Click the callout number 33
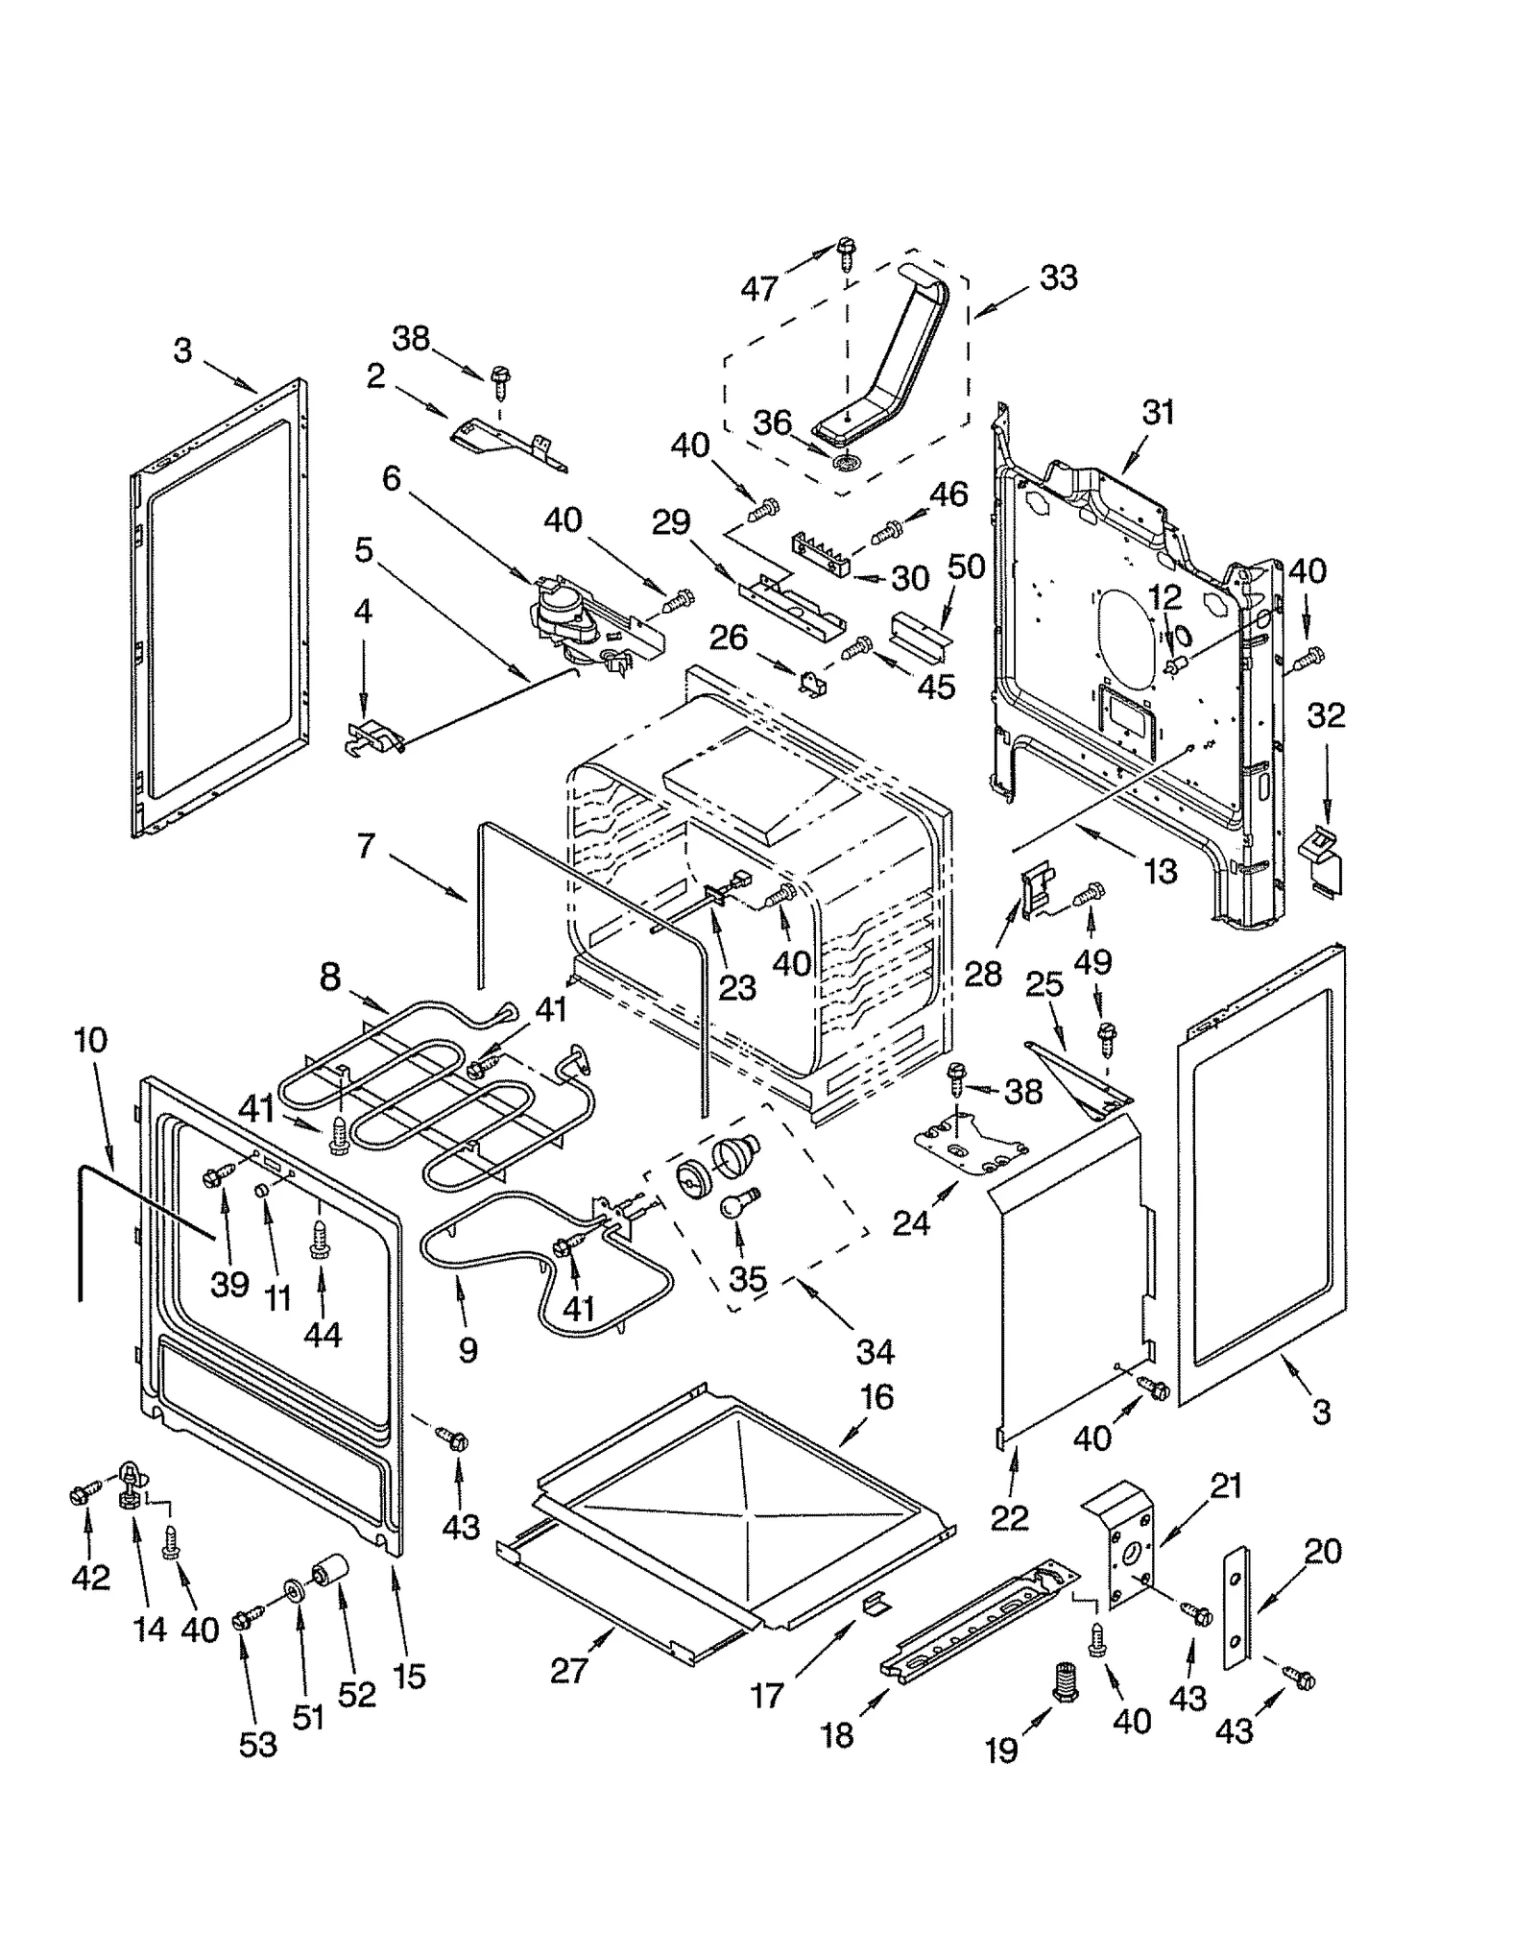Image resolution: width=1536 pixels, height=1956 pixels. (1058, 278)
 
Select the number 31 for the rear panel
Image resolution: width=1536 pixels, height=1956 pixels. (1158, 413)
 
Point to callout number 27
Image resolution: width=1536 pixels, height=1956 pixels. (568, 1670)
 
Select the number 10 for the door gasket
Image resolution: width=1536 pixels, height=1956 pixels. (90, 1040)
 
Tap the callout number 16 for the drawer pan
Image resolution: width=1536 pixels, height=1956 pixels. (876, 1397)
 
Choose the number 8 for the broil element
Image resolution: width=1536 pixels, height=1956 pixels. (329, 978)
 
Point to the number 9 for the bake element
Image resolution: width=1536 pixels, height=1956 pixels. (468, 1350)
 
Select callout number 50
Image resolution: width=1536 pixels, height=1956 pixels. (966, 567)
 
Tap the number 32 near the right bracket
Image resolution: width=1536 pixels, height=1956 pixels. (1326, 715)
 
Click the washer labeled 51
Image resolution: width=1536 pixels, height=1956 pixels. (293, 1592)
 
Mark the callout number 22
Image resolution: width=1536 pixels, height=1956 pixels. (1009, 1517)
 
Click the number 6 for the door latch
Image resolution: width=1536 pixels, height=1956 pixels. (391, 477)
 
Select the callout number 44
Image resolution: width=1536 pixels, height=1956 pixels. (322, 1335)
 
